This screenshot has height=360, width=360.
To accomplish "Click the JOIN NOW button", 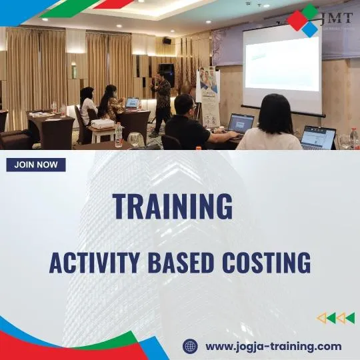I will (x=36, y=165).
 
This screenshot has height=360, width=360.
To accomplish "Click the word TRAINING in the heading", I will (x=173, y=207).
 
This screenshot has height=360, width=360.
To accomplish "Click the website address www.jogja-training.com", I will (x=273, y=346).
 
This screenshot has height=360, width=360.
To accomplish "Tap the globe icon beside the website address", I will (x=191, y=346).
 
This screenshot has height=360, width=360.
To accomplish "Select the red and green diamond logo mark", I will (x=303, y=20).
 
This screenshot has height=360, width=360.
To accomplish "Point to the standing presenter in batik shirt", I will (x=161, y=97).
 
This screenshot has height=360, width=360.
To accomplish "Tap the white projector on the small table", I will (x=102, y=124).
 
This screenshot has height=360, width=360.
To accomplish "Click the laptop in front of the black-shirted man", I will (x=240, y=123).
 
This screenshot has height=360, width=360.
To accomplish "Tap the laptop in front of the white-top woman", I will (x=318, y=138).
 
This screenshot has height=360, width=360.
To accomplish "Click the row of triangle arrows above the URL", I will (x=335, y=318).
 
